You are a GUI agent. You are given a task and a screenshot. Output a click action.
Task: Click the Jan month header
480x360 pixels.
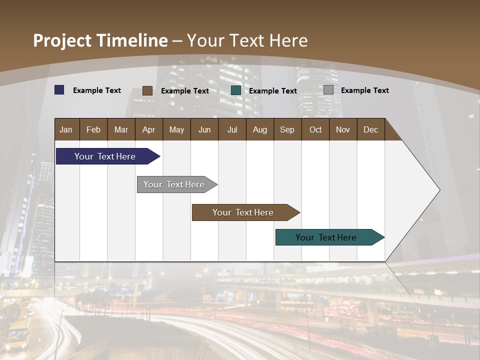(66, 129)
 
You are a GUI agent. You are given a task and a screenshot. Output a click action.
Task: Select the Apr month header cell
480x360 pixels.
(149, 129)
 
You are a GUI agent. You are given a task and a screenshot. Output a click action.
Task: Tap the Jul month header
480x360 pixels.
(232, 129)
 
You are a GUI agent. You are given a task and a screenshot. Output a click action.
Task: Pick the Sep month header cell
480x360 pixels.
(287, 129)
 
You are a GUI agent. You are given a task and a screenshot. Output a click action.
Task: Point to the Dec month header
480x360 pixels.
(370, 129)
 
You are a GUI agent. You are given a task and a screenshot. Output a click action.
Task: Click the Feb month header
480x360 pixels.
(93, 129)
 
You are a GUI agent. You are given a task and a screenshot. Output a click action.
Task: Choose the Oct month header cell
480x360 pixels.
(315, 129)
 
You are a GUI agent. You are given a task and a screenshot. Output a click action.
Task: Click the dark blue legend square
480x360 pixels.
(59, 90)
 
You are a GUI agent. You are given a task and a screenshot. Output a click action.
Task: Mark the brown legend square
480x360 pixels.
(147, 90)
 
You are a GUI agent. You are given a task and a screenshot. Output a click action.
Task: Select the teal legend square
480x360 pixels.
(236, 90)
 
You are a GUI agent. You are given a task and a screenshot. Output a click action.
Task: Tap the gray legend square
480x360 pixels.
(328, 90)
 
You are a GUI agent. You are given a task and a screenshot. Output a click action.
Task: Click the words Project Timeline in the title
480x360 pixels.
(100, 40)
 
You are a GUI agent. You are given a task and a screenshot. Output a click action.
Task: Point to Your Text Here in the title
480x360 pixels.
(247, 40)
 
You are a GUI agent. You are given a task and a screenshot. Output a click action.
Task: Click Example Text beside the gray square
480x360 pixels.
(364, 90)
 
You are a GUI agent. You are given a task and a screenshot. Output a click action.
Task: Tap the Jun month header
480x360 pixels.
(204, 129)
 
